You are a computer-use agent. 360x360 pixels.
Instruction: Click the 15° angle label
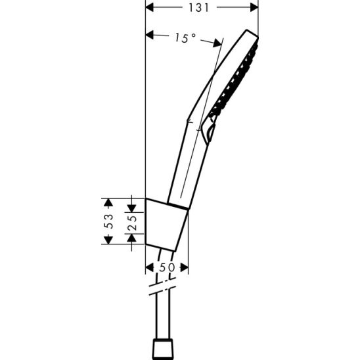pyautogui.click(x=185, y=39)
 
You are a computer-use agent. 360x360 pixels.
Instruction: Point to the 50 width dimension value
pyautogui.click(x=166, y=268)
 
